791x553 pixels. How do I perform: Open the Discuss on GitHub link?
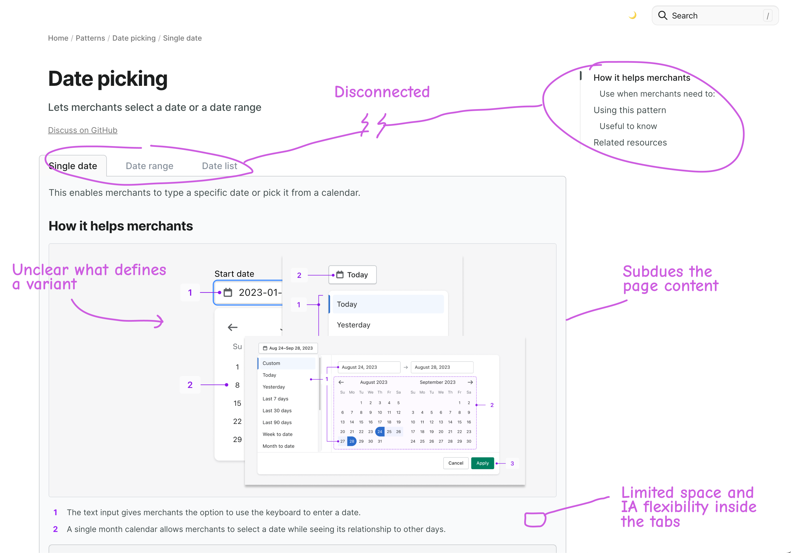click(83, 130)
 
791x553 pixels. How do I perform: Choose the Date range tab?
click(149, 166)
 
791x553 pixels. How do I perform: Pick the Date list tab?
click(219, 166)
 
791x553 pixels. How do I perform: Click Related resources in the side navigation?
click(630, 143)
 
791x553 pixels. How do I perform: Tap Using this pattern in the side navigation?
click(629, 110)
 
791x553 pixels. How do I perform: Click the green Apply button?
click(482, 463)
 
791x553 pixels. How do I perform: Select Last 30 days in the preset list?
click(277, 411)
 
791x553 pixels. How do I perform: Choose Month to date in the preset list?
click(278, 446)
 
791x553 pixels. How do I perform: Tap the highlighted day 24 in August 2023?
click(380, 432)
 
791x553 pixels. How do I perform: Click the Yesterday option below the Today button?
click(353, 325)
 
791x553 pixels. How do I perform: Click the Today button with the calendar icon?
click(352, 275)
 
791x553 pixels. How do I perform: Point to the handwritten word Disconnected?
click(382, 92)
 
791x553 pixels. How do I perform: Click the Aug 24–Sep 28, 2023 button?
click(288, 348)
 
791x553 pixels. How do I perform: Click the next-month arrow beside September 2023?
click(470, 382)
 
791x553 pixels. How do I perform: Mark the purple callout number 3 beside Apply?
click(512, 463)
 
